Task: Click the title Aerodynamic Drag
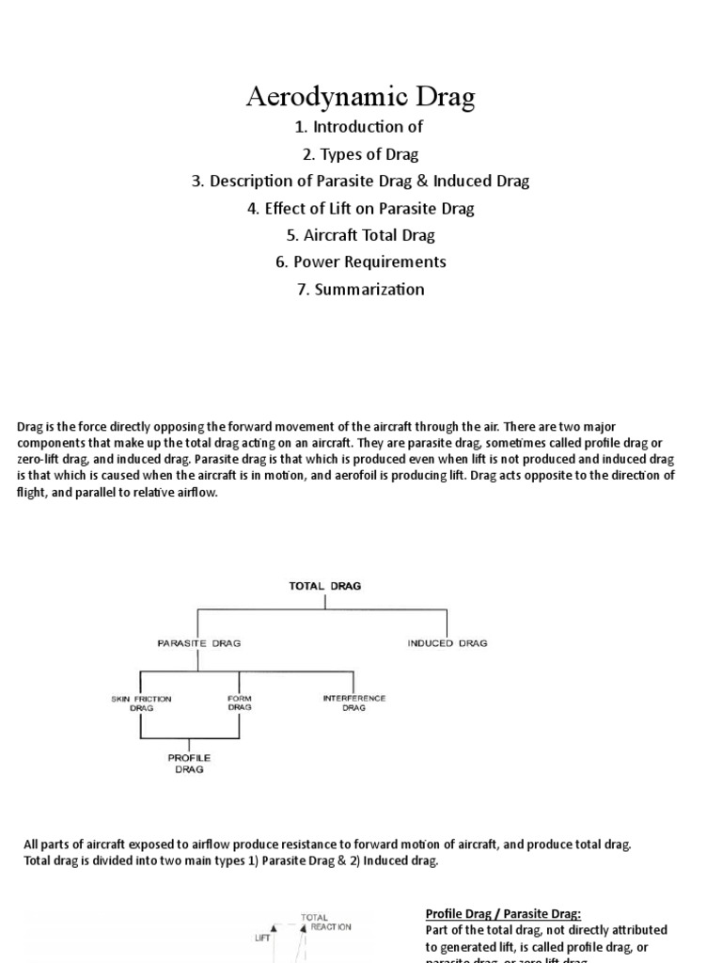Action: (x=361, y=97)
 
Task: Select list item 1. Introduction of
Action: (x=361, y=127)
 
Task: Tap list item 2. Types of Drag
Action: (x=361, y=153)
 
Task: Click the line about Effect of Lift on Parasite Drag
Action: (x=361, y=208)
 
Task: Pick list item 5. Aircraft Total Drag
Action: (x=361, y=235)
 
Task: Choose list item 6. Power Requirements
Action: (x=361, y=261)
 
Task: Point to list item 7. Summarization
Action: (x=361, y=289)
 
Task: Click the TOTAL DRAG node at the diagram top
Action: (x=324, y=585)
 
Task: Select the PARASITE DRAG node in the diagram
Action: (x=198, y=643)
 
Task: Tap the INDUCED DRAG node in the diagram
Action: (x=447, y=643)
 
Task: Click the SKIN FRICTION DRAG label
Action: (x=141, y=704)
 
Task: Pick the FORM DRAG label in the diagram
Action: (x=240, y=704)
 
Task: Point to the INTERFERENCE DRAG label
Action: (x=353, y=704)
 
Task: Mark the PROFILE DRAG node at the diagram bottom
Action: (x=189, y=763)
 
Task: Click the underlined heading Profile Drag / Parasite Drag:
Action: (x=503, y=913)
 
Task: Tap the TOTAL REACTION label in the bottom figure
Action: (x=325, y=922)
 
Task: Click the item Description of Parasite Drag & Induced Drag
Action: (x=361, y=181)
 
